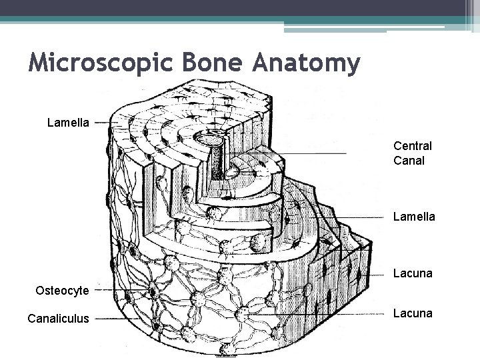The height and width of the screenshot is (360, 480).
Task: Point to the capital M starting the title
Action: coord(38,64)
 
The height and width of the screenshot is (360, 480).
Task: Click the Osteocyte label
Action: coord(62,290)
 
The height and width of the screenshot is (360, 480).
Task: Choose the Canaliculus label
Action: coord(58,319)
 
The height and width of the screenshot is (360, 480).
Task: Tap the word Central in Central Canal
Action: coord(413,145)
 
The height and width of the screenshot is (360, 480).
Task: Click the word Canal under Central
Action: coord(409,161)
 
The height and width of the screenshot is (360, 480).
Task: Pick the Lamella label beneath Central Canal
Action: coord(414,217)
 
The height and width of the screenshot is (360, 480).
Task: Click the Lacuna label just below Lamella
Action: coord(413,273)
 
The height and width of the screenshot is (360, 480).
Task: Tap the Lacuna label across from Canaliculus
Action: coord(413,313)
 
